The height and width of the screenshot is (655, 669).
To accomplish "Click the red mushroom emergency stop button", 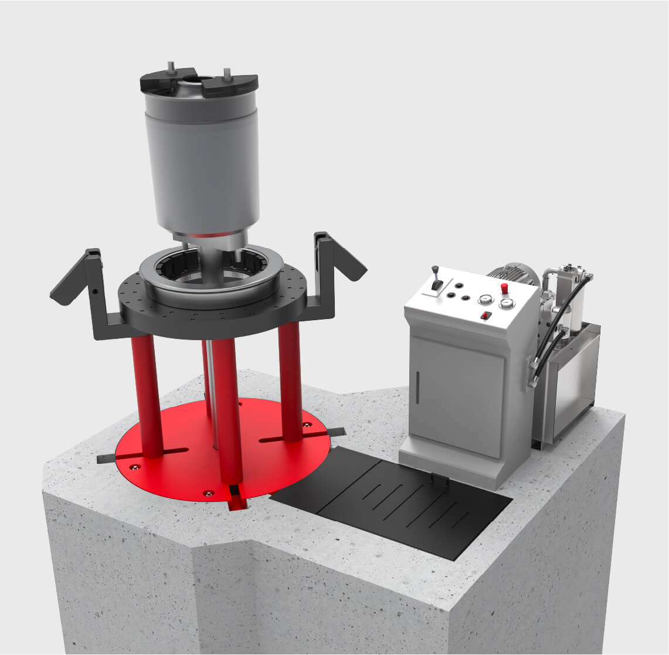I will coord(504,287).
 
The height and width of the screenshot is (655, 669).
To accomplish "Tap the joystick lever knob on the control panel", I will coord(435,270).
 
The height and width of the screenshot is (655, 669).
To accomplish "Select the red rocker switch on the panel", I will coord(485,316).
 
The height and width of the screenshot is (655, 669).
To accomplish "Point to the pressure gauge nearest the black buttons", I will coord(484,300).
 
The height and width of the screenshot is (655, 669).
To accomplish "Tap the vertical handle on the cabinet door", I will coord(417,389).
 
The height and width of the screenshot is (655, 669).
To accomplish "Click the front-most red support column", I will coord(228,410).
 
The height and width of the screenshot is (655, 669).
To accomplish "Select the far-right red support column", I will coord(290,381).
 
